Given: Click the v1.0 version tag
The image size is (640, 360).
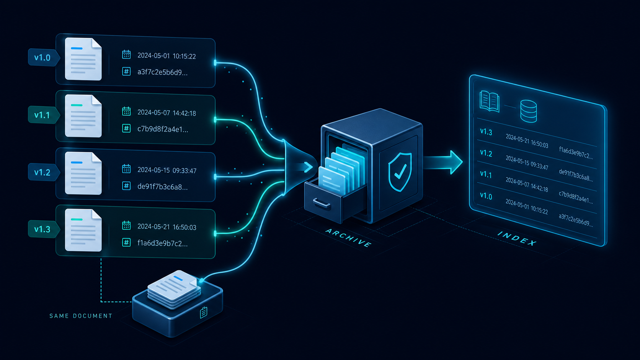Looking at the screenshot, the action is pyautogui.click(x=43, y=58).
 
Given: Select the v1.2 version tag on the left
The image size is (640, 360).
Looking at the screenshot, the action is pyautogui.click(x=43, y=173).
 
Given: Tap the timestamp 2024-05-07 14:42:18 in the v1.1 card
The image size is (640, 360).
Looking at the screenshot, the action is pyautogui.click(x=167, y=113).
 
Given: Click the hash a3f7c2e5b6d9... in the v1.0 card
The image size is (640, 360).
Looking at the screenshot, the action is pyautogui.click(x=162, y=72).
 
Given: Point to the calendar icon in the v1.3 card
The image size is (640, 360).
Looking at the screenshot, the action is pyautogui.click(x=126, y=226).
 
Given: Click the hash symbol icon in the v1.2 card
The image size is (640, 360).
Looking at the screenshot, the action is pyautogui.click(x=126, y=186).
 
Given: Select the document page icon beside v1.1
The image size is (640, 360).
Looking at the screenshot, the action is pyautogui.click(x=83, y=116).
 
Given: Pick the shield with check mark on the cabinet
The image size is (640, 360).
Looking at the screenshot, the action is pyautogui.click(x=400, y=172).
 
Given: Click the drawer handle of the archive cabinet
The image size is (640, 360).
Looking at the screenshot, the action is pyautogui.click(x=322, y=203).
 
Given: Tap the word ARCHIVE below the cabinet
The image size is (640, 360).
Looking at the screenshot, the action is pyautogui.click(x=349, y=238).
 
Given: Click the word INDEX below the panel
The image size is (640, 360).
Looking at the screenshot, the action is pyautogui.click(x=517, y=239).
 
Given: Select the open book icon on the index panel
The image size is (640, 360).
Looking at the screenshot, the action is pyautogui.click(x=490, y=101).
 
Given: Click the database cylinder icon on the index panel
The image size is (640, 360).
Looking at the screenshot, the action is pyautogui.click(x=528, y=111).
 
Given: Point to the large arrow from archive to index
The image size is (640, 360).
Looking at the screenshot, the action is pyautogui.click(x=443, y=162).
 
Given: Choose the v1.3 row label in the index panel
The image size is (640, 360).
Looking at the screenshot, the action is pyautogui.click(x=486, y=132).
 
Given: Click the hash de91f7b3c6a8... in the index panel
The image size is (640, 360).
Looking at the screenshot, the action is pyautogui.click(x=576, y=175).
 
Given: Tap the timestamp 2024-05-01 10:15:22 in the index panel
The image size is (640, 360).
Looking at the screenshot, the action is pyautogui.click(x=527, y=207).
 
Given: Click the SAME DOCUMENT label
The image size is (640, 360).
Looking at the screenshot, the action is pyautogui.click(x=81, y=316).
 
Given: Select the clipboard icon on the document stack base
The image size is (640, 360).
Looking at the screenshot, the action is pyautogui.click(x=203, y=313).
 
